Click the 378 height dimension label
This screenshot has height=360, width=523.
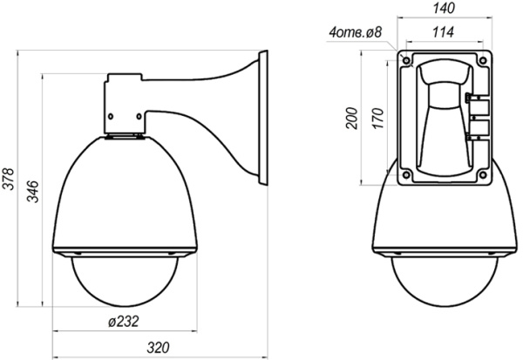pyautogui.click(x=9, y=182)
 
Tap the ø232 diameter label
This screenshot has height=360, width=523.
pyautogui.click(x=125, y=322)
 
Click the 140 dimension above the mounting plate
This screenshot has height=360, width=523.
pyautogui.click(x=445, y=9)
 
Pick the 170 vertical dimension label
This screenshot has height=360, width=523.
pyautogui.click(x=377, y=118)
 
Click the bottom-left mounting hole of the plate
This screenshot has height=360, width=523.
pyautogui.click(x=406, y=173)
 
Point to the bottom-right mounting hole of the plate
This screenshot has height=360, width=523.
pyautogui.click(x=482, y=173)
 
